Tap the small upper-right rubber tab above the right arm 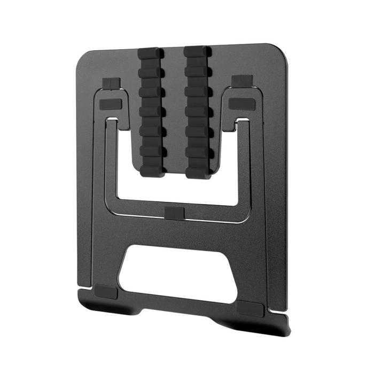[x=242, y=81]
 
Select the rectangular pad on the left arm [x=111, y=104]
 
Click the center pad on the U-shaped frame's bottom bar [x=175, y=212]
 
